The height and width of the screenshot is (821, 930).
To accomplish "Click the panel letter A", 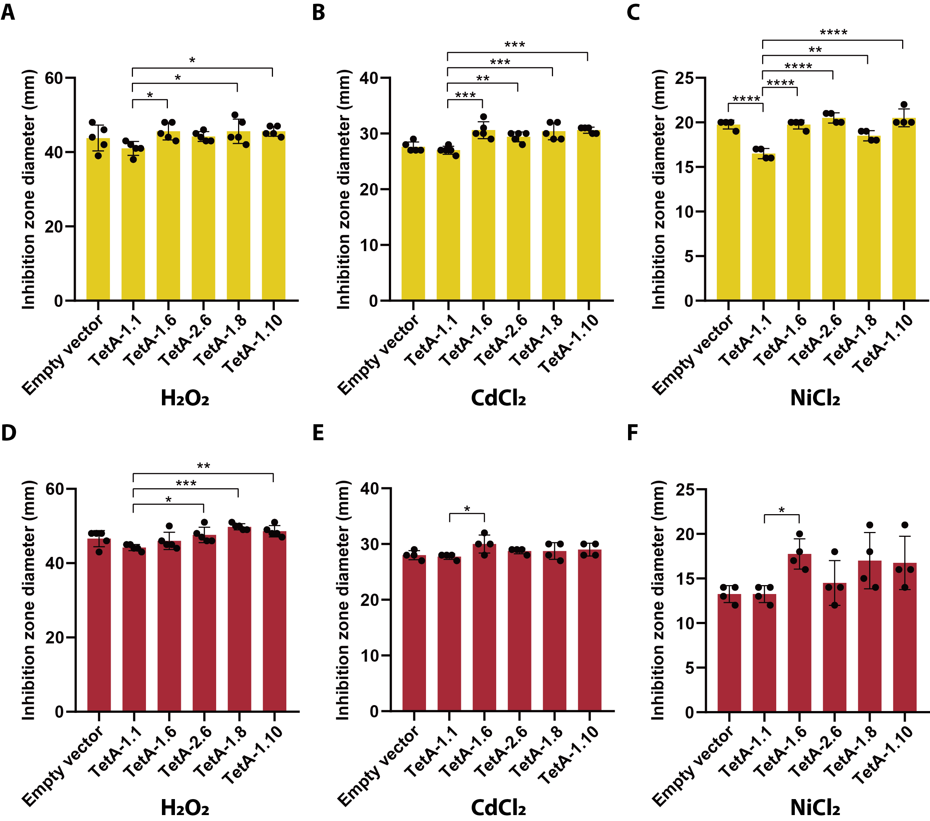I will [x=8, y=12].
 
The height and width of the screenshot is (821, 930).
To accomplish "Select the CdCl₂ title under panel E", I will [x=498, y=808].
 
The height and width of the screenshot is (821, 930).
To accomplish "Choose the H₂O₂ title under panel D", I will [x=185, y=808].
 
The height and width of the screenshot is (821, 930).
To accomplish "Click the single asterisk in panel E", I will [x=467, y=509].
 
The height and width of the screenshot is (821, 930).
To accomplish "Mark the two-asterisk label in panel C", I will [x=815, y=50].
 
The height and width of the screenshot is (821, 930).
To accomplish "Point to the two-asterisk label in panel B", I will [x=482, y=79].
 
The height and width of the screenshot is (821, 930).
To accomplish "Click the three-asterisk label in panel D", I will [x=186, y=483].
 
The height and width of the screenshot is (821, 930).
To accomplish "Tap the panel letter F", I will [x=633, y=433].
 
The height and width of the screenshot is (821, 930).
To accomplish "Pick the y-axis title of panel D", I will [x=28, y=600].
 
